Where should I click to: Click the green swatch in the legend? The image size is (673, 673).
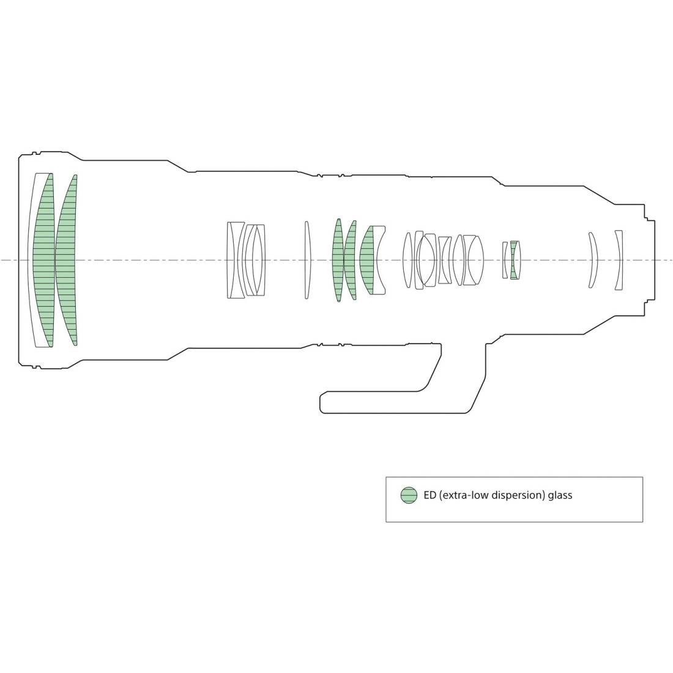coord(409,495)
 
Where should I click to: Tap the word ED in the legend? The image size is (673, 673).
coord(430,495)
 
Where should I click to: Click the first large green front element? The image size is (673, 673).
coord(44,260)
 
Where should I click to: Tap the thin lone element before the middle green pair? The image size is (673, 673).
coord(307,260)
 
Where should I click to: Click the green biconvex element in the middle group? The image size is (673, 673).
coord(338,260)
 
